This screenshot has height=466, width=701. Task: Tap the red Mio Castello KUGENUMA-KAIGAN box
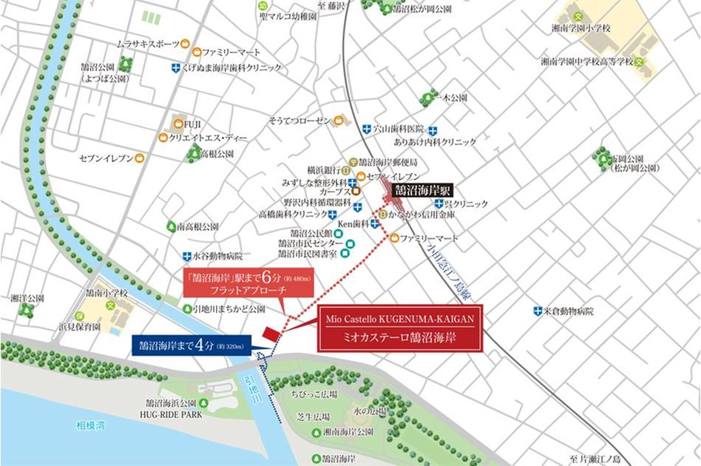click(x=400, y=327)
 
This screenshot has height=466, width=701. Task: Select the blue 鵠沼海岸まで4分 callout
click(x=191, y=344)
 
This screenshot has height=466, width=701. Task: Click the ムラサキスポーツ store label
click(x=148, y=44)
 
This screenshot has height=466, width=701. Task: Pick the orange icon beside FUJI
click(x=177, y=123)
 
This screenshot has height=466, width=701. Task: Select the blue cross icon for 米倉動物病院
click(x=538, y=311)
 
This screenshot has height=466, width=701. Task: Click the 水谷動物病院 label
click(x=217, y=257)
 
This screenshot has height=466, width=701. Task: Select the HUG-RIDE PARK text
click(x=175, y=415)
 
